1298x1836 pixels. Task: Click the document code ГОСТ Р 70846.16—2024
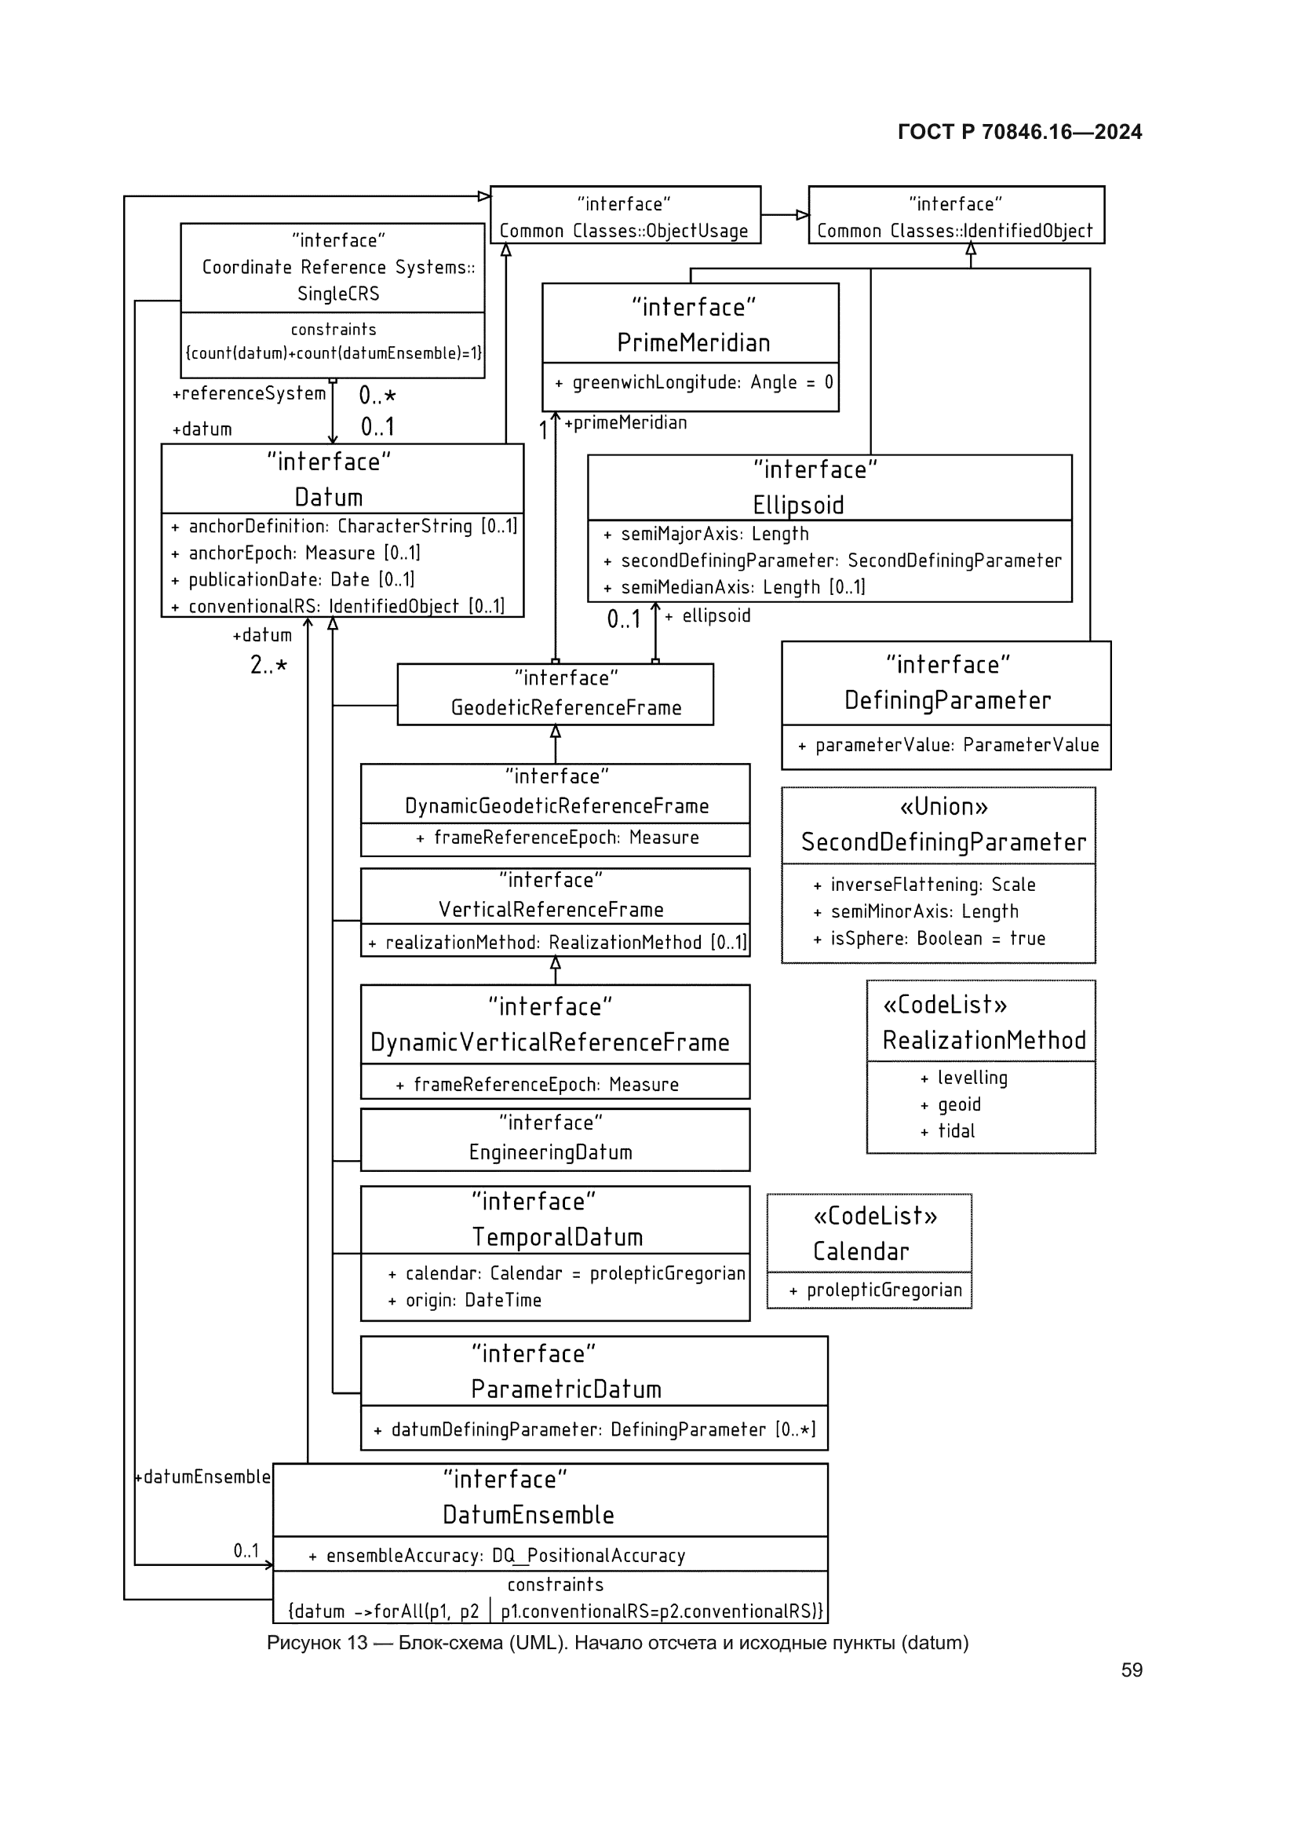point(1019,132)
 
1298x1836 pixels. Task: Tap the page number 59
point(1131,1670)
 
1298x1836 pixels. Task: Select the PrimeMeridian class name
point(693,343)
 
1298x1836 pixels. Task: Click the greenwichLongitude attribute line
point(694,383)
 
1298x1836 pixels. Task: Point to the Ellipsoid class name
point(797,506)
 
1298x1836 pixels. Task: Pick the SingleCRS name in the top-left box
point(338,294)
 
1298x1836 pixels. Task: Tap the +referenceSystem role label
point(250,394)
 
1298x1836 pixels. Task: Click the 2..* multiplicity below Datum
point(268,666)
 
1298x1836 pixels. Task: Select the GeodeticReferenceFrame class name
point(566,708)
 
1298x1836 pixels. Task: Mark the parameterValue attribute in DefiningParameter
point(956,745)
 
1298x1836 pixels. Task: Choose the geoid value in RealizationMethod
point(958,1105)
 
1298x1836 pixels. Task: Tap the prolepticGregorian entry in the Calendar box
point(883,1290)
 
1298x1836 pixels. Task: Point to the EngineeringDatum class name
point(551,1152)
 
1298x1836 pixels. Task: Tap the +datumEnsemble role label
point(203,1477)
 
